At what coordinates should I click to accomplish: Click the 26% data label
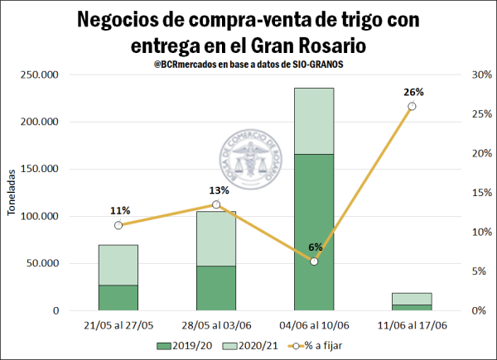[413, 92]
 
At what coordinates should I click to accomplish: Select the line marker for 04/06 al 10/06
[314, 261]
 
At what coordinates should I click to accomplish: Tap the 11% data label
[118, 210]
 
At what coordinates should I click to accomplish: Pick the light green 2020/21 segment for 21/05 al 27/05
[118, 265]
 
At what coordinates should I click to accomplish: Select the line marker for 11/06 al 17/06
[412, 106]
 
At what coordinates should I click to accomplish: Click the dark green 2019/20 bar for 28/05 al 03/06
[216, 288]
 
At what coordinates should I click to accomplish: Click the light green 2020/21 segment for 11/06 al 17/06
[412, 299]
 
